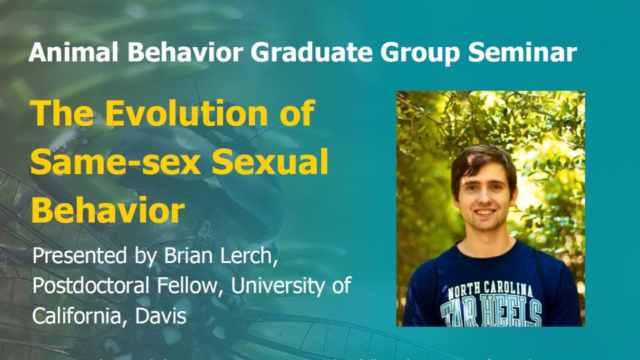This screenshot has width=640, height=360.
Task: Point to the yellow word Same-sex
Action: coord(112,162)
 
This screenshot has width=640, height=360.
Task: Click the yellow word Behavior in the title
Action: coord(108,210)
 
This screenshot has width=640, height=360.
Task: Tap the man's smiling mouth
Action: coord(485,212)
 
